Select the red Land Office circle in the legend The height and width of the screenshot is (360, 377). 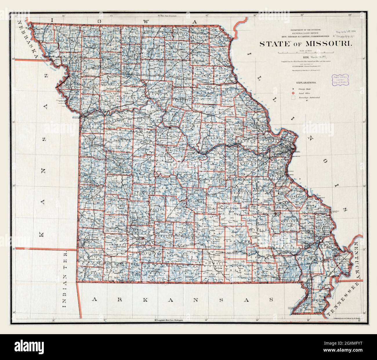(x=293, y=93)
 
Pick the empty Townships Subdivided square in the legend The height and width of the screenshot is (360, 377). (x=293, y=98)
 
